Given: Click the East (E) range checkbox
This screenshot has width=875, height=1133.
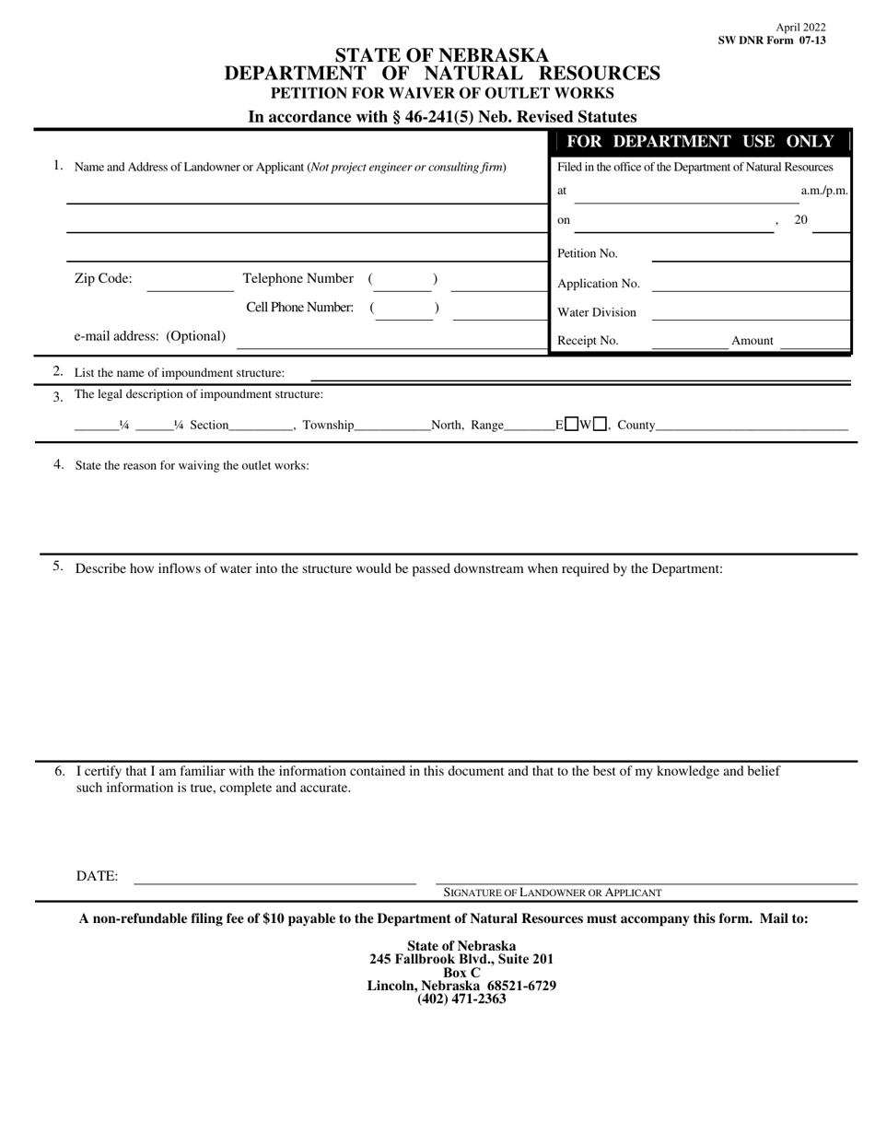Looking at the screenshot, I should click(x=572, y=425).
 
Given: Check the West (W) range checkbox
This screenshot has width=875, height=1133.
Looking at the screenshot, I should click(x=600, y=425).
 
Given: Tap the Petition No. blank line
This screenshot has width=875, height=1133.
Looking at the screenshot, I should click(x=750, y=255).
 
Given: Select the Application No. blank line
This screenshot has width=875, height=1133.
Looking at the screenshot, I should click(x=750, y=285).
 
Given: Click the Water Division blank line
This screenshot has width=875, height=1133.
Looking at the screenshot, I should click(x=750, y=313).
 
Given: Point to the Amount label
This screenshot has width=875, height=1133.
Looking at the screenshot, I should click(x=752, y=341).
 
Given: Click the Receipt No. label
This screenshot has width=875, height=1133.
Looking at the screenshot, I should click(x=588, y=341).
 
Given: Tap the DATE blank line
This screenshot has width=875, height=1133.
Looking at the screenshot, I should click(x=274, y=877).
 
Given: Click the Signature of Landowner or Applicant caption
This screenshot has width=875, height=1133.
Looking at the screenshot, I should click(x=553, y=893).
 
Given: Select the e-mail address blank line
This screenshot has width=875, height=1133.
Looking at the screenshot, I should click(x=391, y=341).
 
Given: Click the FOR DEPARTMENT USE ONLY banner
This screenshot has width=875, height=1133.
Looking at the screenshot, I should click(x=700, y=142).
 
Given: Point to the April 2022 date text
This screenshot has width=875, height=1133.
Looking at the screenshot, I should click(x=800, y=28).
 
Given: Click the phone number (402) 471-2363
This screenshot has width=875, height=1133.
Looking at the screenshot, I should click(x=461, y=999).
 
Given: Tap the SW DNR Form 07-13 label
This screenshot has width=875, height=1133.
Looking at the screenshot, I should click(x=772, y=41).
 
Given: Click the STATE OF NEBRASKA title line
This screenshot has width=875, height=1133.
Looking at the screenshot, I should click(x=442, y=56).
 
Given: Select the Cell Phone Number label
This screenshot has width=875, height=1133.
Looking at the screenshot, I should click(x=299, y=308).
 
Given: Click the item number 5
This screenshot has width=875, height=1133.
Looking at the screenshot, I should click(x=58, y=566).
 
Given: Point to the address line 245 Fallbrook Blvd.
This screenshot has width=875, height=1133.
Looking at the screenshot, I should click(x=461, y=959).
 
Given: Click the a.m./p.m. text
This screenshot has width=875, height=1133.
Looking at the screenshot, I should click(x=823, y=192).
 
